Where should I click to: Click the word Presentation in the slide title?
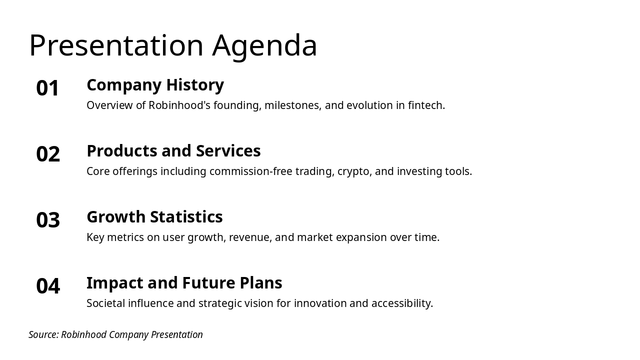click(x=116, y=45)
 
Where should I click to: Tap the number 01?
click(x=47, y=88)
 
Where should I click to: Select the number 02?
click(x=48, y=154)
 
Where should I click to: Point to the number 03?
click(x=48, y=220)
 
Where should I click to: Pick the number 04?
click(x=48, y=286)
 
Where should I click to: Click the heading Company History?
click(x=155, y=85)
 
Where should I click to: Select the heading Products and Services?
click(x=173, y=151)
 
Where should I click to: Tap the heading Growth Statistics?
click(x=155, y=217)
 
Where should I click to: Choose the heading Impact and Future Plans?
click(x=184, y=283)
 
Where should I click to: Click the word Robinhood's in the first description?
click(x=179, y=105)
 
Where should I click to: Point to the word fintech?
click(x=426, y=105)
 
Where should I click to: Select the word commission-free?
click(x=251, y=171)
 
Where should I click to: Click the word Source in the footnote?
click(x=43, y=334)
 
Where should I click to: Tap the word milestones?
click(x=293, y=105)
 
